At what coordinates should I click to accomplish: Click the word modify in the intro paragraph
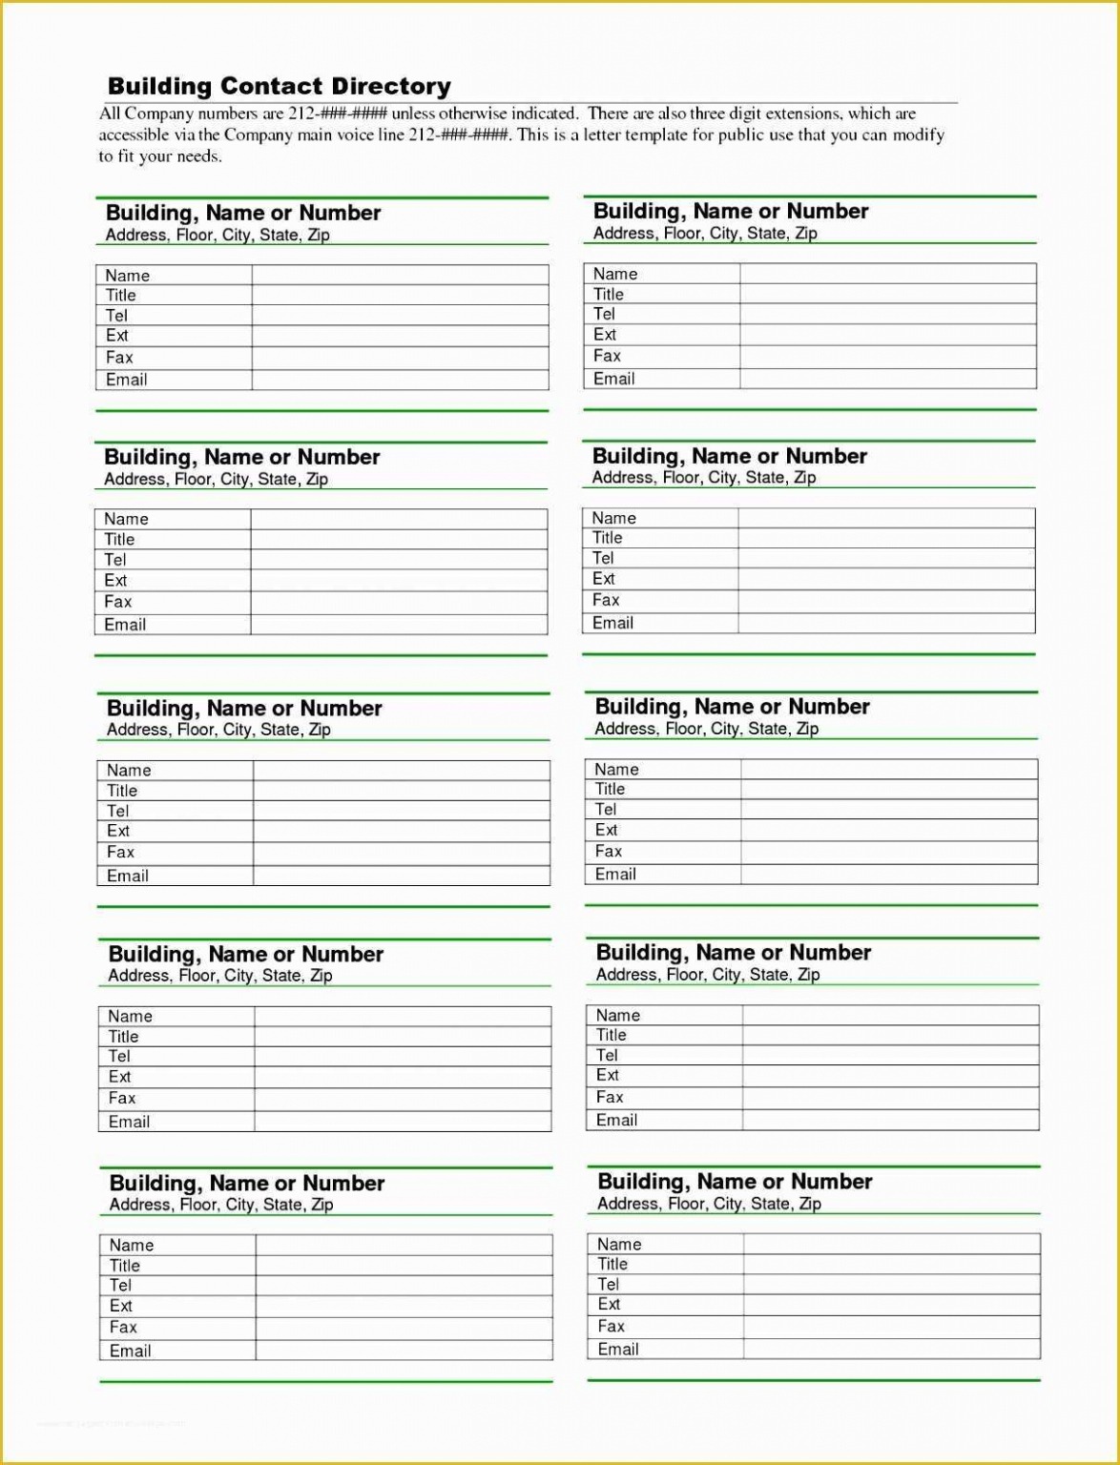[x=918, y=134]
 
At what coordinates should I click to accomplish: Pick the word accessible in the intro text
[x=135, y=134]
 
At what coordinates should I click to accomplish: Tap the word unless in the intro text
[x=413, y=113]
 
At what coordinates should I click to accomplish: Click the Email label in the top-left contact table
[x=127, y=380]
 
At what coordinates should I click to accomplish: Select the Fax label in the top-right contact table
[x=607, y=356]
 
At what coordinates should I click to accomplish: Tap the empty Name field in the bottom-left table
[x=404, y=1245]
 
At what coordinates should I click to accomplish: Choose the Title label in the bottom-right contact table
[x=612, y=1264]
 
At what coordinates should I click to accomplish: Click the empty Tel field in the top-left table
[x=400, y=316]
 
